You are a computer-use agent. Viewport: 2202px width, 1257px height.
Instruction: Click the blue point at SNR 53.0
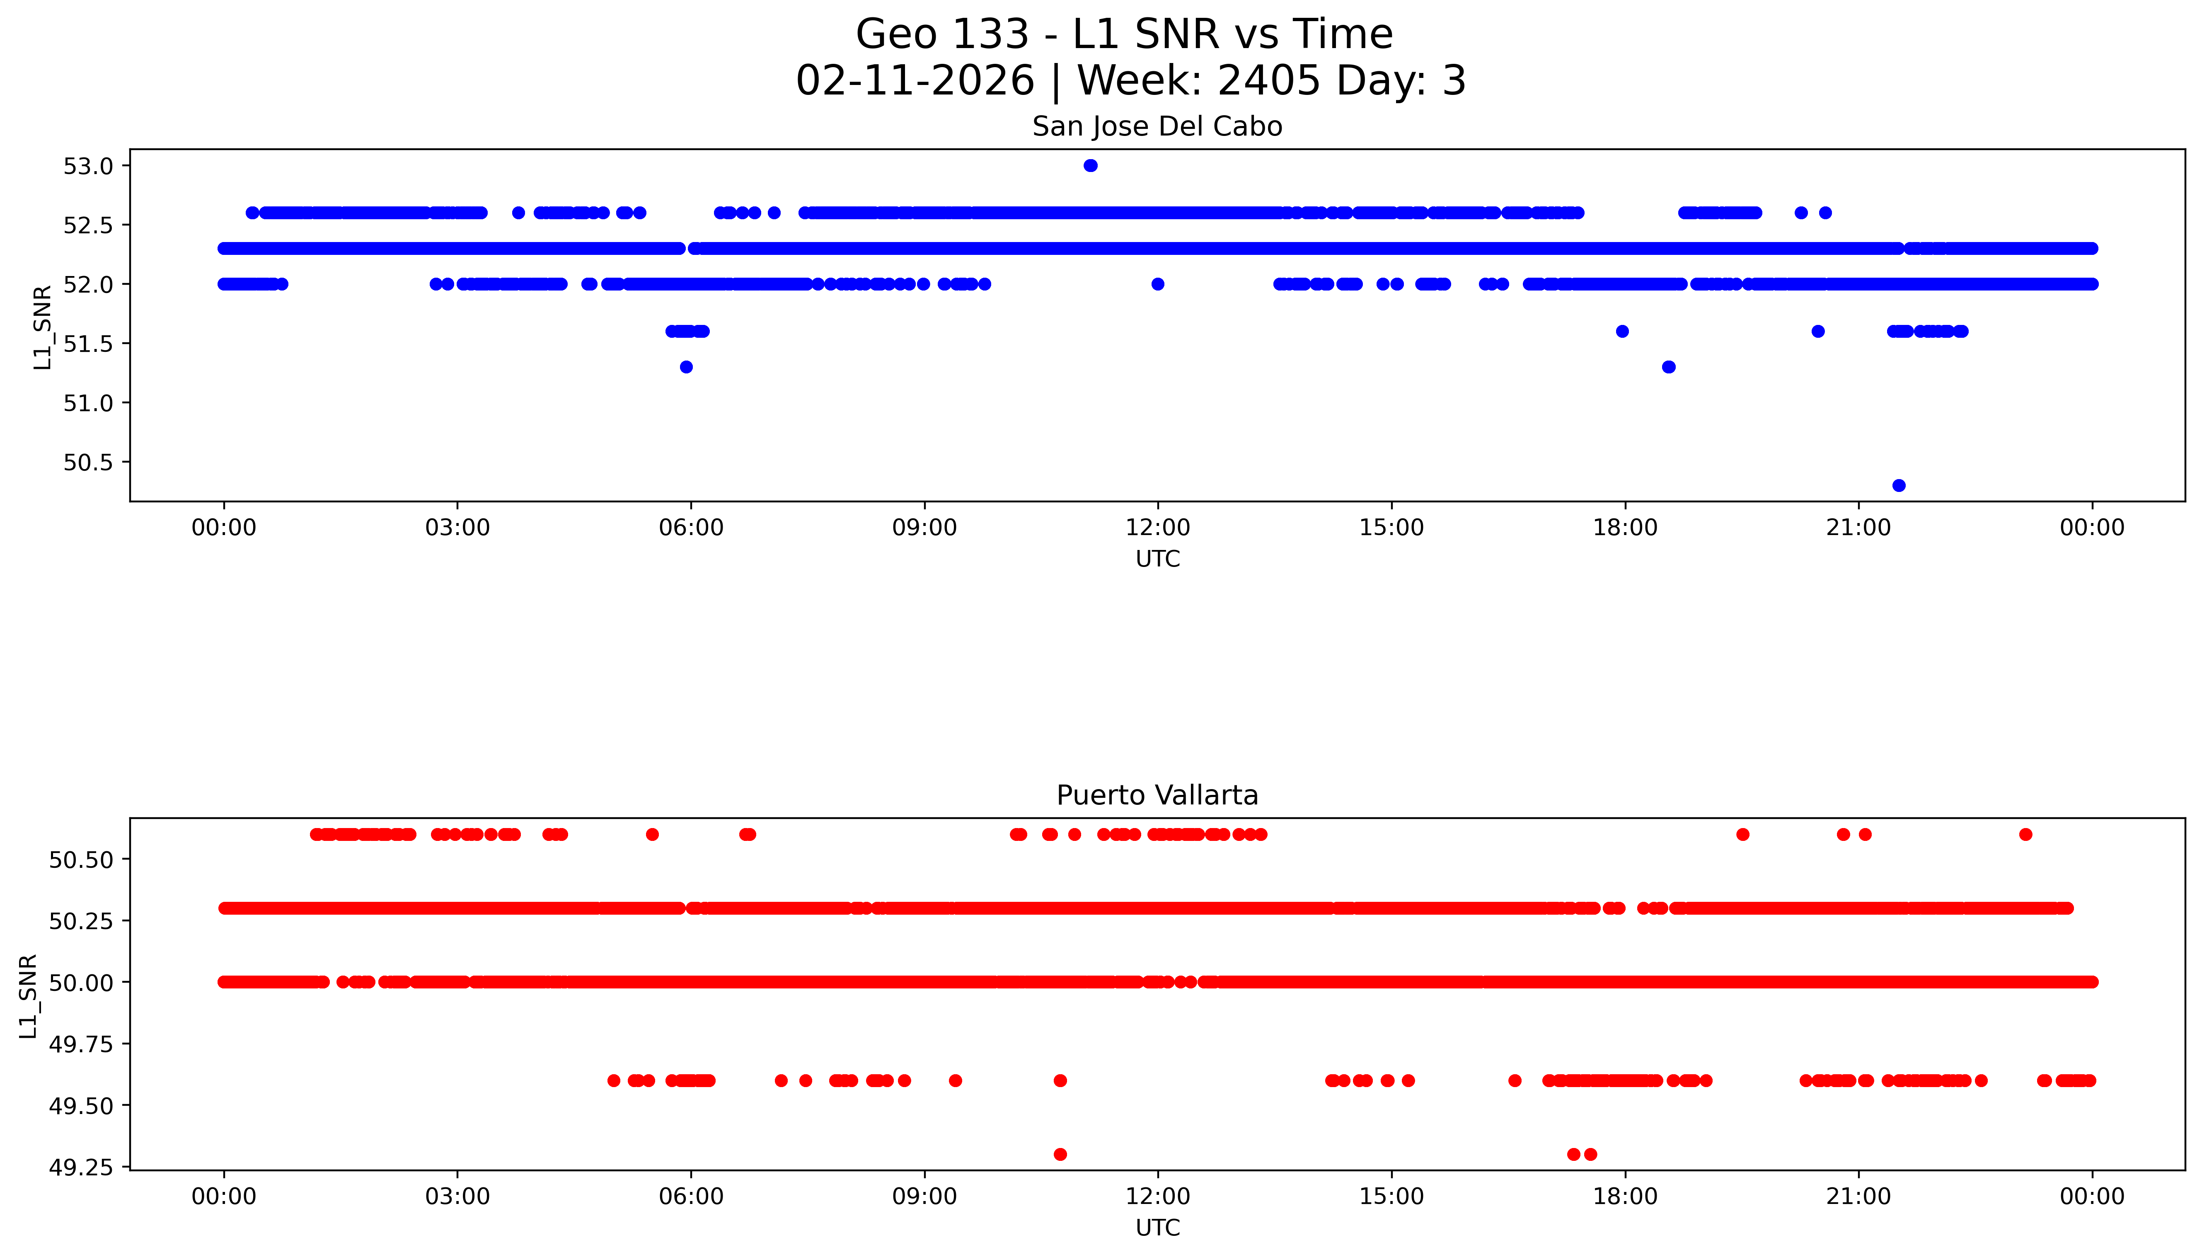click(x=1090, y=166)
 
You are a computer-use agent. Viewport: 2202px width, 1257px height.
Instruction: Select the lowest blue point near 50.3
click(x=1898, y=485)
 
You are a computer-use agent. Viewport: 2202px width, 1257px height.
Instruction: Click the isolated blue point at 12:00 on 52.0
click(x=1157, y=284)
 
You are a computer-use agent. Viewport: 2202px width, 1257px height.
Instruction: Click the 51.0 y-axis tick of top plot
click(x=88, y=403)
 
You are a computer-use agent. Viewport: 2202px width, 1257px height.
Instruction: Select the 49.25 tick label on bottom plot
click(x=80, y=1167)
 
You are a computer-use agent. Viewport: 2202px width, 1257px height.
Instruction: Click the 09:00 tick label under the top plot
click(x=924, y=528)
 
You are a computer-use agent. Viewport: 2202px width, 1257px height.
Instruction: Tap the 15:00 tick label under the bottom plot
click(x=1391, y=1196)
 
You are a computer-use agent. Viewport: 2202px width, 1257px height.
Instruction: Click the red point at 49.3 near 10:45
click(x=1060, y=1154)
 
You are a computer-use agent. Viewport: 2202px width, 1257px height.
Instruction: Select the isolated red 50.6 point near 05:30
click(x=652, y=834)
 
